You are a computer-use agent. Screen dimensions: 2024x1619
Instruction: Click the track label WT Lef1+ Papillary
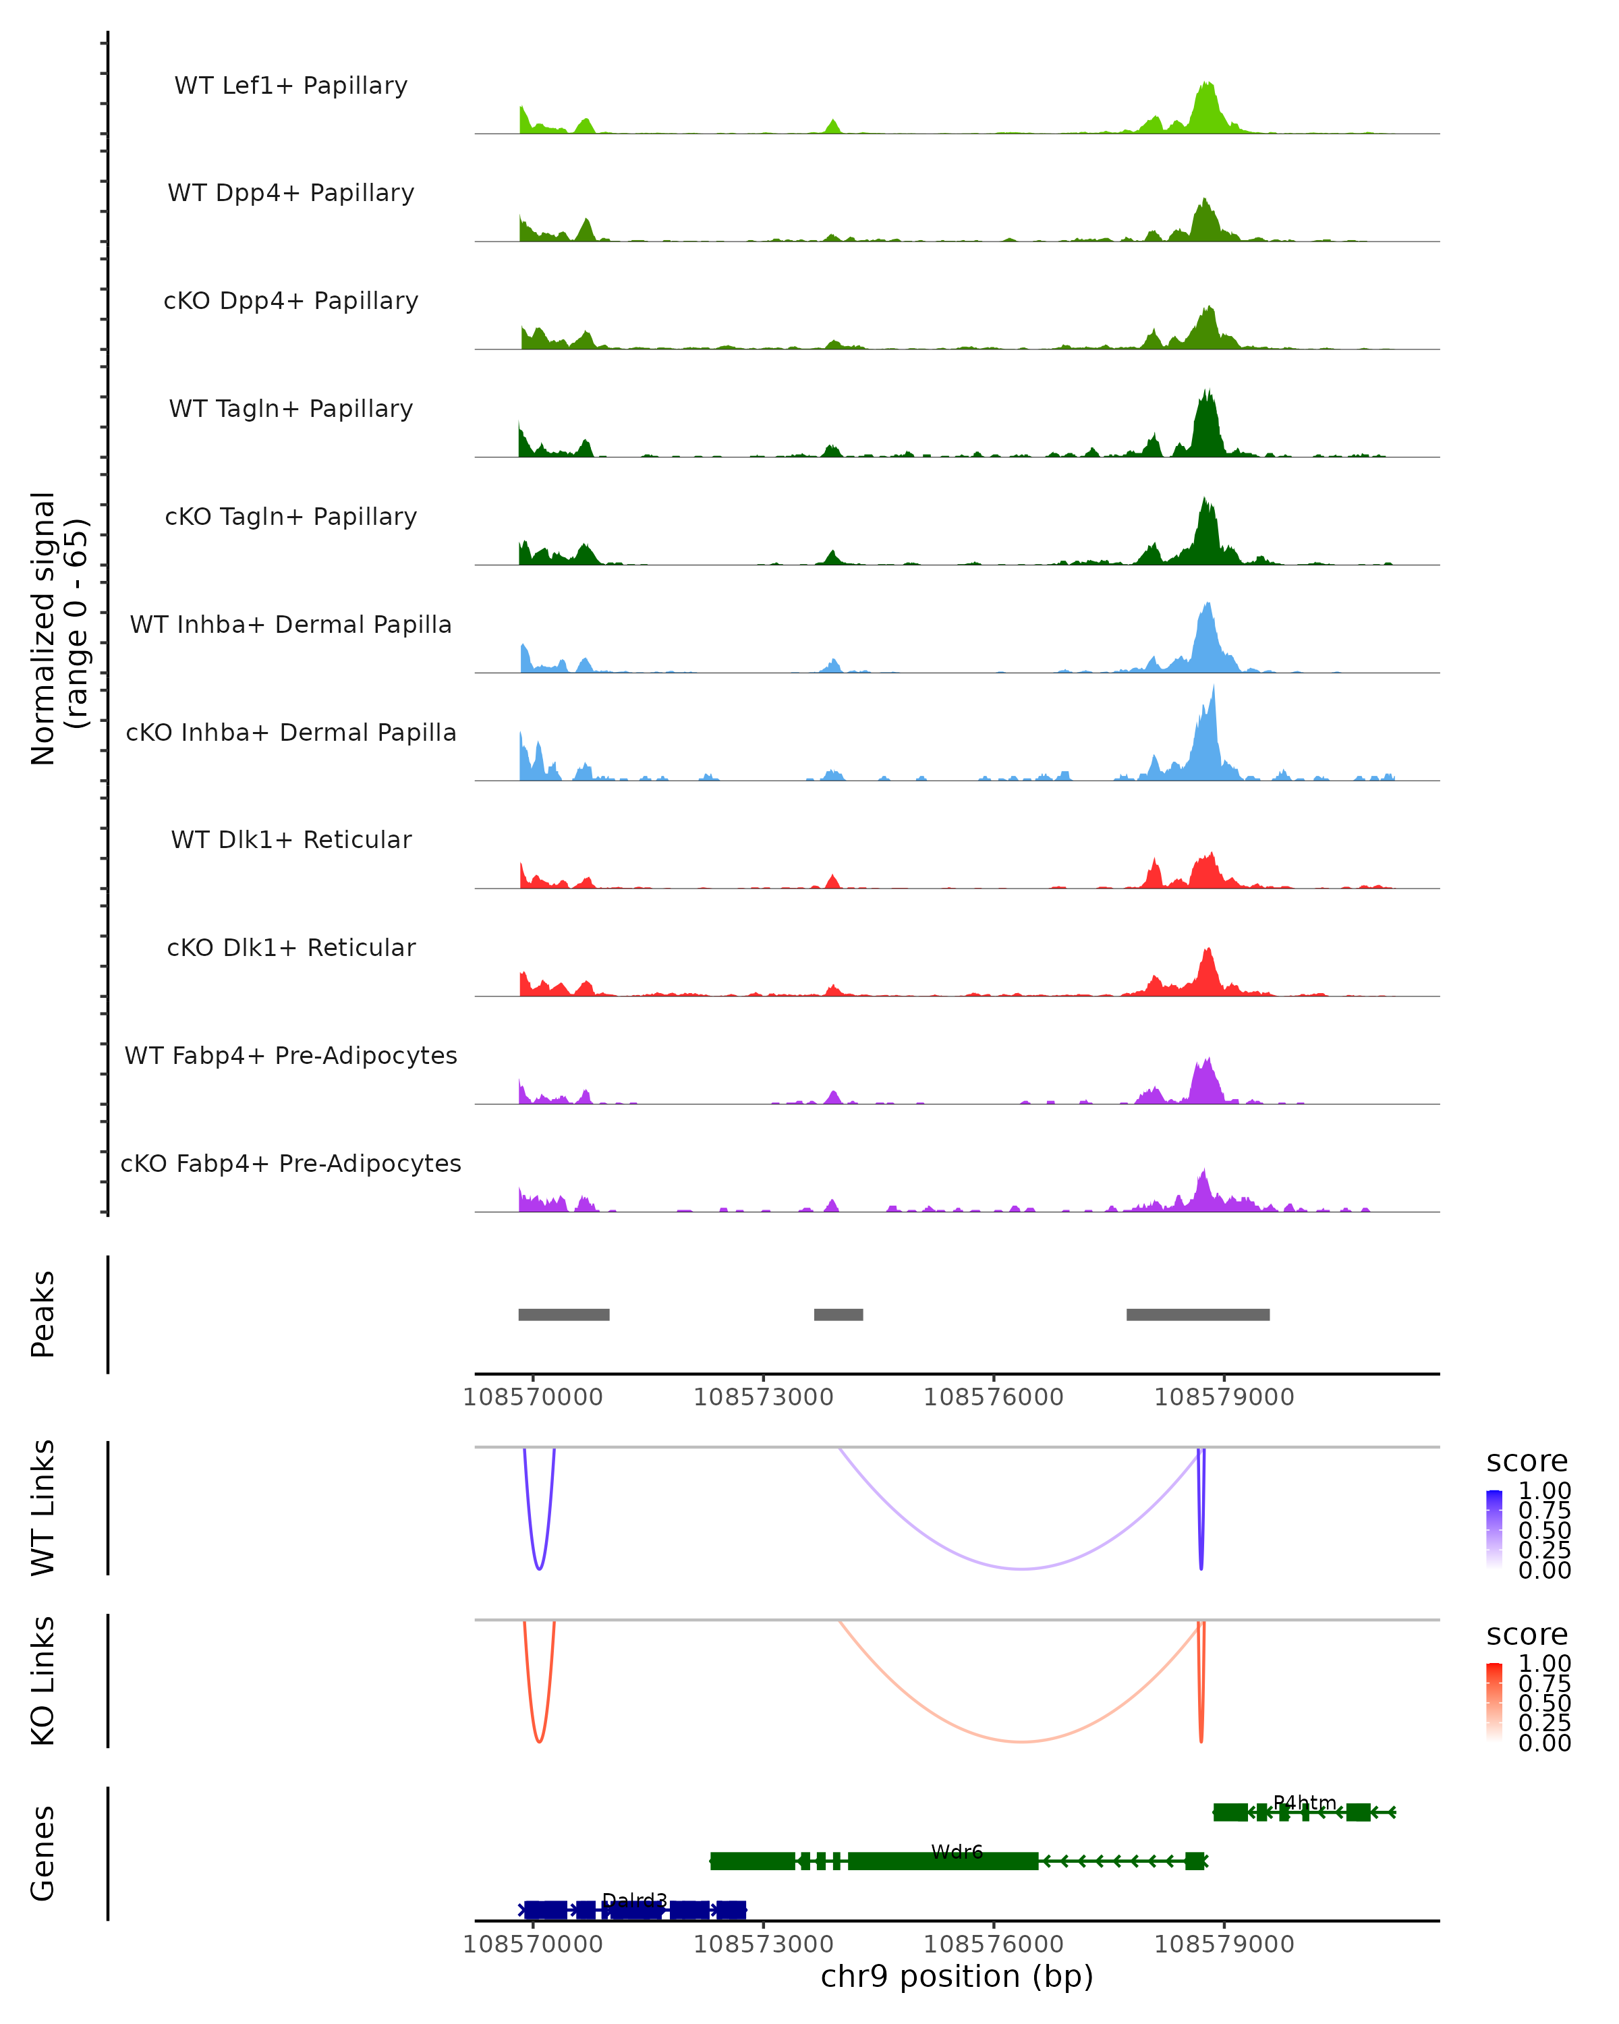291,86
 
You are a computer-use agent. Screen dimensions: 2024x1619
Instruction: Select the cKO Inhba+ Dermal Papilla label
291,732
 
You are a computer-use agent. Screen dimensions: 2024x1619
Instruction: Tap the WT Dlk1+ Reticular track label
291,840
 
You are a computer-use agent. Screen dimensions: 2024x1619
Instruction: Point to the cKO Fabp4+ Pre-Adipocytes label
291,1164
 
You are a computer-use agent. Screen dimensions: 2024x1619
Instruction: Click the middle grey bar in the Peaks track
838,1314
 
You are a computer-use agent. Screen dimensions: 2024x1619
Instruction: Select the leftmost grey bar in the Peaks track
564,1314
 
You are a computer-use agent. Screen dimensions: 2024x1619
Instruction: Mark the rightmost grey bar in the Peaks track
1197,1314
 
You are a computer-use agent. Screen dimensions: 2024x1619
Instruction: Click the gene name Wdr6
957,1852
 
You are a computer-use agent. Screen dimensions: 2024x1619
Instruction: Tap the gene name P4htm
1305,1803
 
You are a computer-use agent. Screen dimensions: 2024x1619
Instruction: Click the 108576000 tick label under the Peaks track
993,1397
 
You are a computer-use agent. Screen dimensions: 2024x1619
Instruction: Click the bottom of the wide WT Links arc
1021,1569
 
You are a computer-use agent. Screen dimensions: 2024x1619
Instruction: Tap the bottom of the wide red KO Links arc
1021,1743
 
